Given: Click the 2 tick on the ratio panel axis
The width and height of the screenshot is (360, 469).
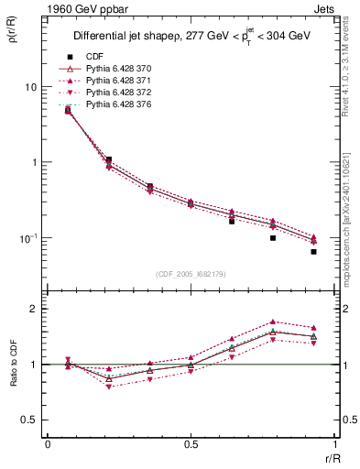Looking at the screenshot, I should tap(35, 309).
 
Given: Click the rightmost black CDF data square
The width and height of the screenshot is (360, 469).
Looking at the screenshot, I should tap(313, 251).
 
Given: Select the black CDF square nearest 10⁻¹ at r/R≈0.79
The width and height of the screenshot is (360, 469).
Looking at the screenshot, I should tap(273, 238).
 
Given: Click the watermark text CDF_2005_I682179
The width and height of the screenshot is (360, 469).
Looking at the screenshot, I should tap(190, 274).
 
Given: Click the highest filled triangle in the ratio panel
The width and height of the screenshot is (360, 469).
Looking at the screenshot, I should tap(273, 322).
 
